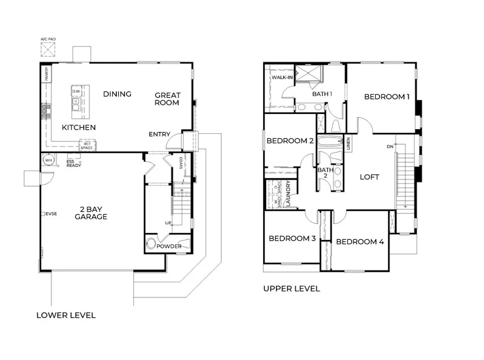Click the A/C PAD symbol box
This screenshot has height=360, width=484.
point(48,50)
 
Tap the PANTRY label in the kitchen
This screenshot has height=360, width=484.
point(47,74)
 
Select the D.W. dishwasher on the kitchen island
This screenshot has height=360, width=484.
point(76,90)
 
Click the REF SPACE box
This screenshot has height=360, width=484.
point(87,146)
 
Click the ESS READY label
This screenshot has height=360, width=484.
point(74,163)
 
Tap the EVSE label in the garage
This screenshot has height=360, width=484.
point(51,214)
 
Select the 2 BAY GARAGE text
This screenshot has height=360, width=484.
point(91,213)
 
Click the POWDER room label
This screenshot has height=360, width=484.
point(169,246)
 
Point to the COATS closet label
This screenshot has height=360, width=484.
point(181,164)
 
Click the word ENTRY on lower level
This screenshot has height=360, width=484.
point(159,134)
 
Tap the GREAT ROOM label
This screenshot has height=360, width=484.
point(167,99)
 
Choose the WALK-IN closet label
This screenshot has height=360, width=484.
point(282,77)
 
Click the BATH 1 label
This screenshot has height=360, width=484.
point(322,94)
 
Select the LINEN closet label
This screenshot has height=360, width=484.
point(348,143)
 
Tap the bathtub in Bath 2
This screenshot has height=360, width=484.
point(329,141)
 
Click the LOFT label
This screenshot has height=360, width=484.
point(370,177)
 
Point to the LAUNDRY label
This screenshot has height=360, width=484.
point(288,194)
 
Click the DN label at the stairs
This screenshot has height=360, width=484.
point(390,147)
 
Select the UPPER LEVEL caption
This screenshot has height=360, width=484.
point(291,289)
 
